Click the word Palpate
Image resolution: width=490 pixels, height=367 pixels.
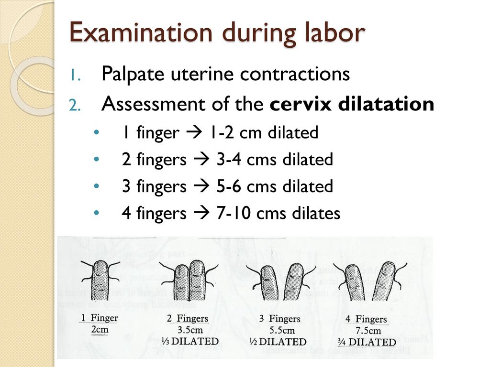[132, 75]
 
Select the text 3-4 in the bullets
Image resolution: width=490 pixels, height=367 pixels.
[229, 160]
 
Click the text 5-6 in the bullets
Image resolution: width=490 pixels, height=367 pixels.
[229, 187]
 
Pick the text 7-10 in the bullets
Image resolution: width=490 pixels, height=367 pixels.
[234, 214]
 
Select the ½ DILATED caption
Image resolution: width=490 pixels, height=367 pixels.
[278, 342]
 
